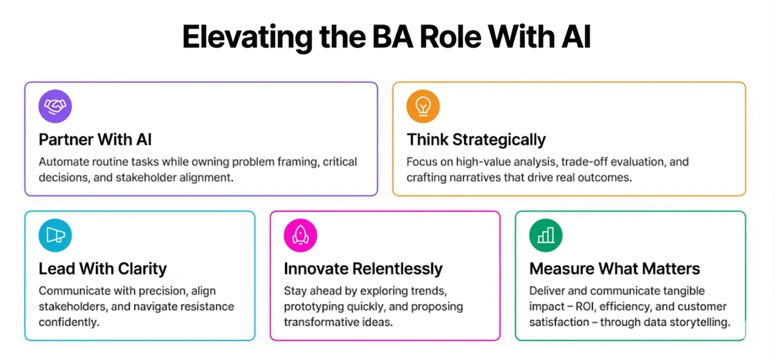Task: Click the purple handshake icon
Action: tap(55, 106)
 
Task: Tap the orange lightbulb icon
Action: tap(423, 106)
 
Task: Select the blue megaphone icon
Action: tap(55, 235)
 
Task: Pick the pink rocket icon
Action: tap(300, 235)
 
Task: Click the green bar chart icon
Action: tap(545, 235)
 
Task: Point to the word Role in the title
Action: tap(450, 37)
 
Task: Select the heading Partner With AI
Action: tap(95, 140)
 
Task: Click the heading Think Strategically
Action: tap(476, 140)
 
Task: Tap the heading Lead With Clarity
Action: tap(103, 269)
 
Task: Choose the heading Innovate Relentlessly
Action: tap(363, 269)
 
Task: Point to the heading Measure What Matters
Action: tap(614, 268)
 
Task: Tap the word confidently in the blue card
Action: tap(69, 322)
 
